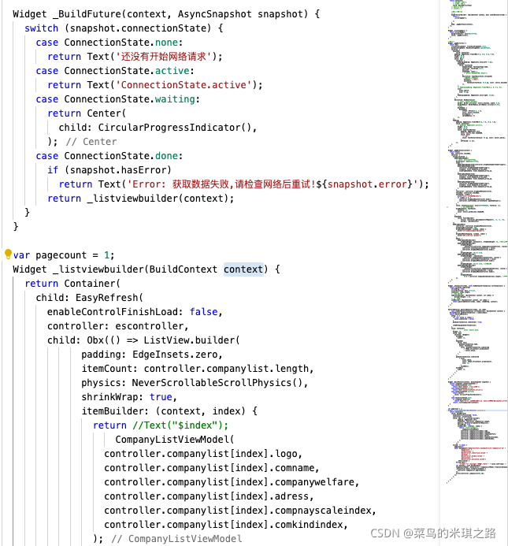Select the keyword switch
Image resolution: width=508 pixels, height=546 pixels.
[42, 28]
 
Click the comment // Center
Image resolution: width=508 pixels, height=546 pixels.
[91, 141]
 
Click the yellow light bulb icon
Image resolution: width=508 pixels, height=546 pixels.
[8, 254]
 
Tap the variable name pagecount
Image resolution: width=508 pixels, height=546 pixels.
[65, 254]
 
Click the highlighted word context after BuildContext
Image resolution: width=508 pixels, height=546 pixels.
[243, 269]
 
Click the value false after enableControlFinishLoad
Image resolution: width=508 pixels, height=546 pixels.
[203, 311]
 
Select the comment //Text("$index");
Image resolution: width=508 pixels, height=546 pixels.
[180, 425]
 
